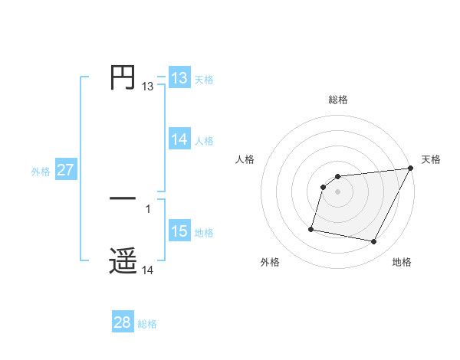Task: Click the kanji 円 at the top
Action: click(123, 77)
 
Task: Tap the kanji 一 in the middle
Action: click(123, 200)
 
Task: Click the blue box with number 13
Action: click(179, 78)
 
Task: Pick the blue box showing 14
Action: click(179, 139)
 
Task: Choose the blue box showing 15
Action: click(179, 231)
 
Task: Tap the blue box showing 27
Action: click(66, 170)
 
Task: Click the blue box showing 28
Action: click(123, 322)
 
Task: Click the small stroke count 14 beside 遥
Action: click(148, 270)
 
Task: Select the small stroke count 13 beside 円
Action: click(148, 87)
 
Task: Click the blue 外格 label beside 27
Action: click(41, 172)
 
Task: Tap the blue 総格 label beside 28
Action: click(147, 324)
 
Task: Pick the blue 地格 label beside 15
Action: click(204, 233)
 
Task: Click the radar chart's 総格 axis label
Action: click(338, 100)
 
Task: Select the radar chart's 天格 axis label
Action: click(431, 159)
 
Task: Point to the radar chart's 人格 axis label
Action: click(245, 159)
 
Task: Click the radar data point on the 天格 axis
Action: click(411, 169)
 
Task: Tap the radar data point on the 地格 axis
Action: click(374, 242)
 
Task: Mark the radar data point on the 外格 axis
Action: click(311, 228)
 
